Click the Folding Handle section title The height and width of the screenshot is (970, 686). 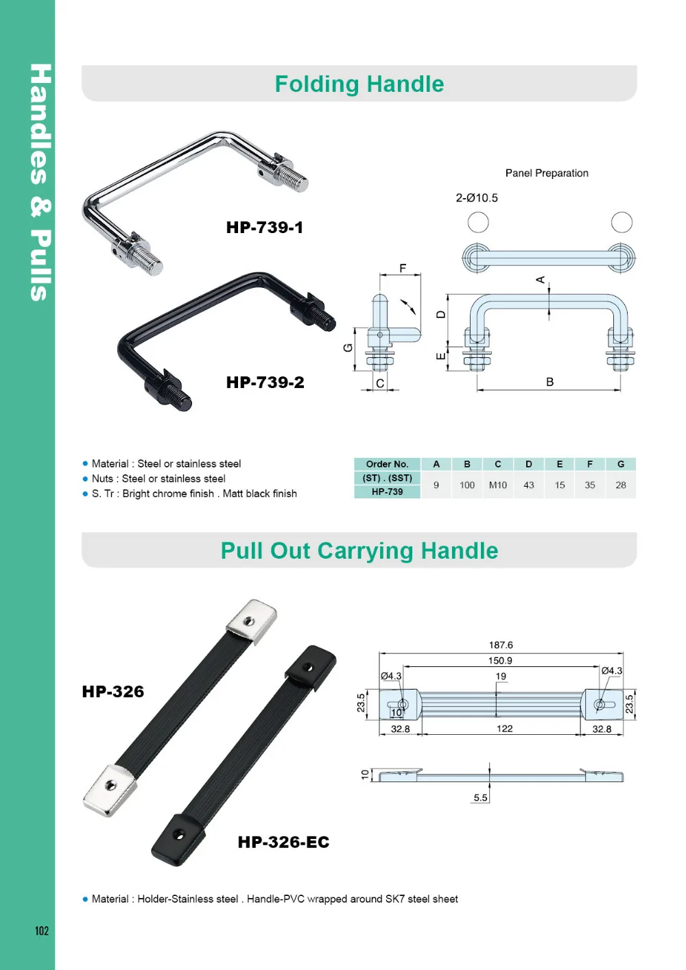(x=359, y=84)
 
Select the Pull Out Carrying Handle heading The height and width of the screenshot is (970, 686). (x=359, y=551)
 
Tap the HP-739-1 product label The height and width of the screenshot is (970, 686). (x=264, y=228)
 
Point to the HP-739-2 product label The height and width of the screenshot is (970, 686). (x=265, y=383)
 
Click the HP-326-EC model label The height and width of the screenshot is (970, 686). (x=283, y=842)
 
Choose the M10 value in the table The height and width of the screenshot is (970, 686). (x=497, y=485)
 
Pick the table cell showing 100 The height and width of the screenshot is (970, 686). (x=466, y=485)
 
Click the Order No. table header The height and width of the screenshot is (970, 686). (x=387, y=464)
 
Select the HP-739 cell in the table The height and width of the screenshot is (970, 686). (x=387, y=492)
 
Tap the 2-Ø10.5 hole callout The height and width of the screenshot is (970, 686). (x=477, y=198)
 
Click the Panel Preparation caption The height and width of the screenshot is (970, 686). (x=547, y=173)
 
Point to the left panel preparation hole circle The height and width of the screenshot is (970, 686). (x=478, y=222)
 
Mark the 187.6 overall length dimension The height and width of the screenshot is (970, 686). (x=501, y=645)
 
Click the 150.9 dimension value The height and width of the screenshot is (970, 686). (x=500, y=661)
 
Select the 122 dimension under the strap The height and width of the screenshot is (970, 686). (x=504, y=729)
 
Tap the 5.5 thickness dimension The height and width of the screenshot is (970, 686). (x=480, y=798)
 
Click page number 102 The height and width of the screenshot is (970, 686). (x=42, y=931)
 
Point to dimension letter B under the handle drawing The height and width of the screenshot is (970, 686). (x=549, y=382)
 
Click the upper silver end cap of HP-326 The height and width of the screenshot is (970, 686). (x=251, y=621)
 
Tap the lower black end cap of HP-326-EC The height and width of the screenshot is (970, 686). (x=178, y=838)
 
